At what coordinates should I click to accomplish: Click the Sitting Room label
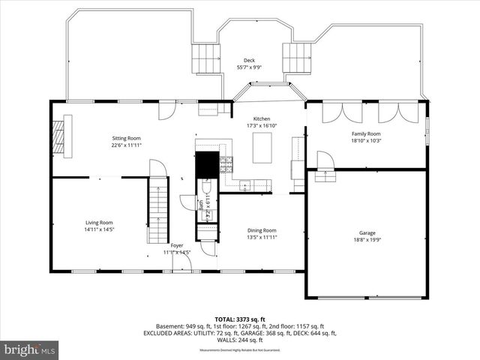(125, 138)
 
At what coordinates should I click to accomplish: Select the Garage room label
(367, 232)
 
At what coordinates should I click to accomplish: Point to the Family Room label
(367, 133)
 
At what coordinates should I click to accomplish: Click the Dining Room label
(262, 230)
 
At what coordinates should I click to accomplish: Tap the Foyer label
(177, 245)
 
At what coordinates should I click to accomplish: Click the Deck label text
(249, 60)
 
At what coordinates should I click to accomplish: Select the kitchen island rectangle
(262, 150)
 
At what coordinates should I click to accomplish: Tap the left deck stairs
(205, 58)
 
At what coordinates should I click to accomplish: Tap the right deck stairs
(296, 56)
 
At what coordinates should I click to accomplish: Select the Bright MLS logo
(30, 349)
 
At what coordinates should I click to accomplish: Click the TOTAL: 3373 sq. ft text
(240, 319)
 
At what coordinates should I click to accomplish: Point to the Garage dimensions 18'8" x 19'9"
(367, 240)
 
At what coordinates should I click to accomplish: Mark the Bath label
(201, 203)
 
